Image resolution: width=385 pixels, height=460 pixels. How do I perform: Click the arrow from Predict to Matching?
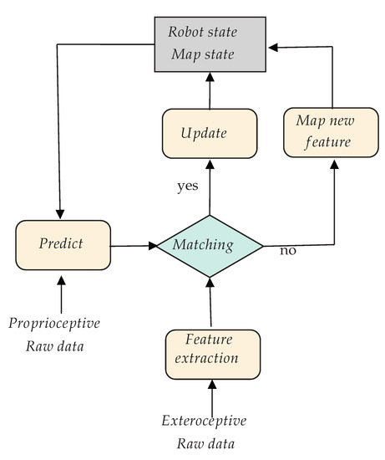coord(134,246)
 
